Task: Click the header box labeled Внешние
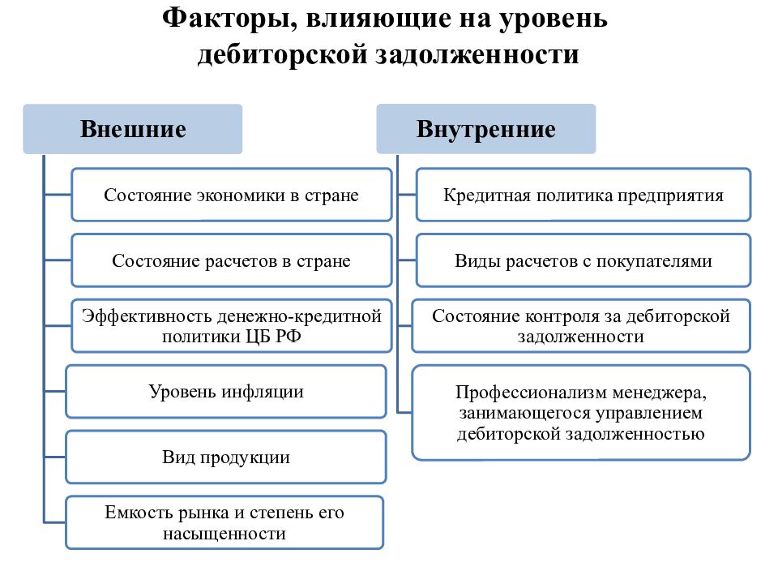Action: point(132,129)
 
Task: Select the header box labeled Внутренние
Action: point(486,129)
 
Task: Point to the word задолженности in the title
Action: point(477,54)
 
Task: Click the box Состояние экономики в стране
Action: point(232,195)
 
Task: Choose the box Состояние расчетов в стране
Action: point(232,260)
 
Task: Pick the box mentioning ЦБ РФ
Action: point(232,326)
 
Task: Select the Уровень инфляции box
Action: point(226,391)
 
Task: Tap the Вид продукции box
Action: point(226,457)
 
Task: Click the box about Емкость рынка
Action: point(224,522)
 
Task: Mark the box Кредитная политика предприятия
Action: point(583,195)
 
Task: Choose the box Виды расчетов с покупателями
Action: point(583,260)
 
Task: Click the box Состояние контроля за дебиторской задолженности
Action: point(581,326)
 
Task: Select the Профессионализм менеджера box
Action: point(581,413)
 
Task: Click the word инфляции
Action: point(263,392)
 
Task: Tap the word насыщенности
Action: point(224,534)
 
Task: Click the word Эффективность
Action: point(147,316)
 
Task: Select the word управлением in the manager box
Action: point(649,413)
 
